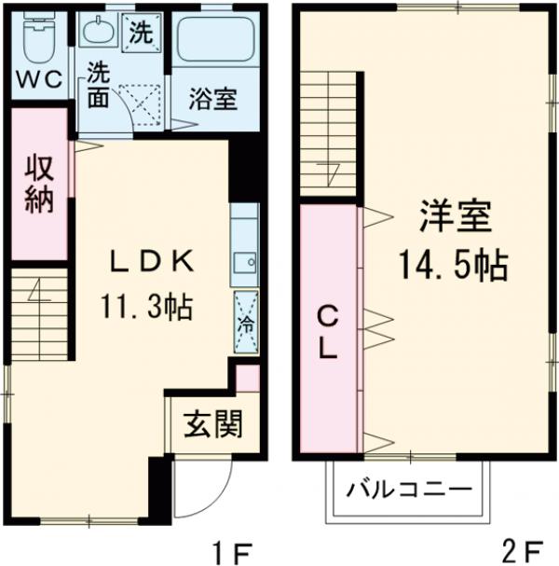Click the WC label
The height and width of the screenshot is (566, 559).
[x=38, y=79]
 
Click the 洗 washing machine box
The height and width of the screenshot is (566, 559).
[x=139, y=34]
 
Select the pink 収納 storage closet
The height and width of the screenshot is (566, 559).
[x=39, y=184]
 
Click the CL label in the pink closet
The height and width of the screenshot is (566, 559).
[x=328, y=330]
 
